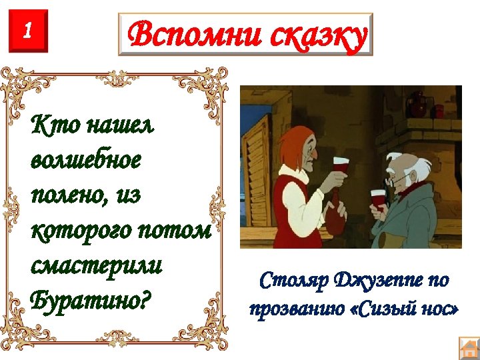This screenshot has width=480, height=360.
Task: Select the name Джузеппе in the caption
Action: click(x=378, y=281)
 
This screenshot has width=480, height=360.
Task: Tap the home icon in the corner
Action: click(x=469, y=349)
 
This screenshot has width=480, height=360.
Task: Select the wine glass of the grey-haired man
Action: click(x=379, y=199)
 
